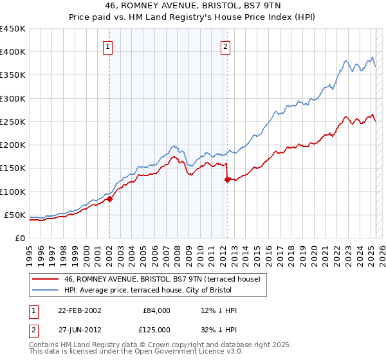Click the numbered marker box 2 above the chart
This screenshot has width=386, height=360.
226,46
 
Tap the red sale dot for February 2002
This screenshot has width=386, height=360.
109,199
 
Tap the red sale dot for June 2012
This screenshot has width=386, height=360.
227,180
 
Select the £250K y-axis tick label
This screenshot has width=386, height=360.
13,122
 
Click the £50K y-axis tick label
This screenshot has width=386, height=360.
15,215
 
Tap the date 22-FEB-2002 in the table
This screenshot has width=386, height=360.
79,310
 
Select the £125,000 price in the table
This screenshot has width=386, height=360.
156,330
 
